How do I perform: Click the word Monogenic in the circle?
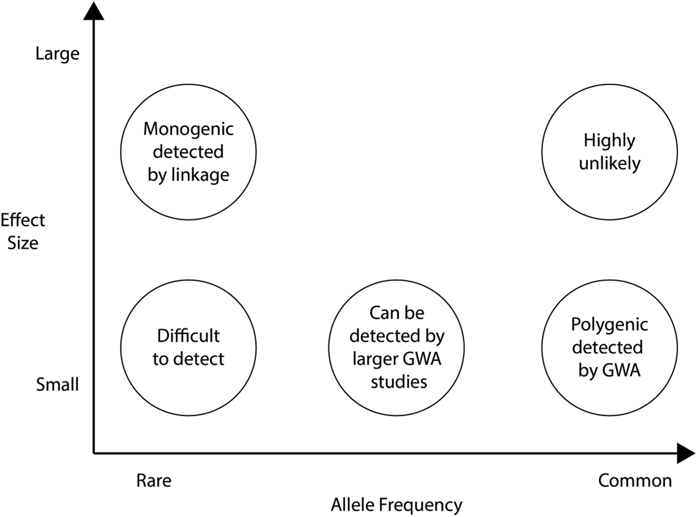coord(188,129)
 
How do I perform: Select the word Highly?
coord(609,141)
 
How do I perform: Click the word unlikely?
coord(609,163)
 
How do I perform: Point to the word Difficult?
coord(188,336)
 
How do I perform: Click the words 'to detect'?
coord(188,359)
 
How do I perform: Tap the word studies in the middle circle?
coord(399,382)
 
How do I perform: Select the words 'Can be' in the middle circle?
coord(397,313)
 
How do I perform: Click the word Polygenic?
coord(609,325)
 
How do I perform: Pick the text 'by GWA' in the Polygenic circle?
coord(609,371)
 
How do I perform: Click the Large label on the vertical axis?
coord(57,53)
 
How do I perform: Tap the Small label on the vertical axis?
coord(57,385)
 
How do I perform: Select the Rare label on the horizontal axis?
coord(154,481)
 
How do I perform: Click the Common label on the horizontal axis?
coord(635,481)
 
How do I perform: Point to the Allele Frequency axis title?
coord(396,505)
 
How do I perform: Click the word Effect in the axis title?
coord(23,220)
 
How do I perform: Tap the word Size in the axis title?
coord(23,243)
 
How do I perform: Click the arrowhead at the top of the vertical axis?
coord(94,11)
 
